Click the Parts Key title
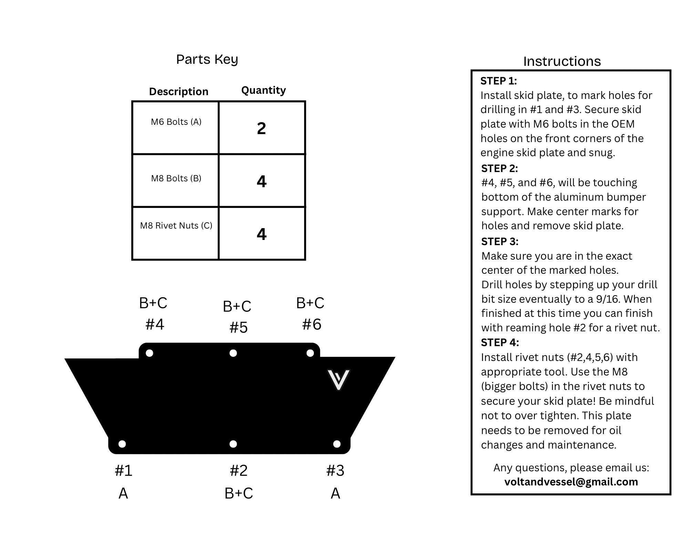point(207,60)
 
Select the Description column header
point(178,91)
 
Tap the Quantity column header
point(264,90)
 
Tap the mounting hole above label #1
point(122,444)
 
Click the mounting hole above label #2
point(233,444)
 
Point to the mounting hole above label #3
point(337,444)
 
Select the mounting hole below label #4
point(150,353)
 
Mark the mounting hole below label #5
point(233,353)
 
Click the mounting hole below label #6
point(310,353)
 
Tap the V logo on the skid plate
point(338,380)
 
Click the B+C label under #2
point(239,493)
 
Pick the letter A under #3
point(335,493)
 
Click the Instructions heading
point(562,61)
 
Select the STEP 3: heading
point(500,242)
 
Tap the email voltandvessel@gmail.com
point(571,482)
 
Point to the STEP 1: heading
point(498,81)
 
